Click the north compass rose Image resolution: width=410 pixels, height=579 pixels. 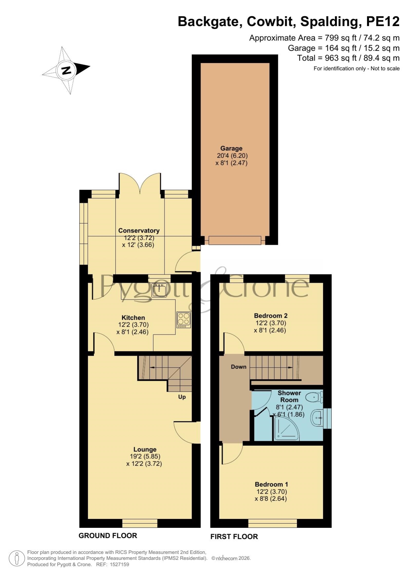coord(66,70)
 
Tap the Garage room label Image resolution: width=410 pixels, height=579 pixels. coord(231,148)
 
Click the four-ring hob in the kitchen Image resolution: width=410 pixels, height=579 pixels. coord(184,320)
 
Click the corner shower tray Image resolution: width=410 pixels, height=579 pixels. coord(286,428)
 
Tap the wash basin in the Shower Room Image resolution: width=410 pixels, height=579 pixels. coord(317,418)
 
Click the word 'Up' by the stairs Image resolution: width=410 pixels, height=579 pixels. coord(182,397)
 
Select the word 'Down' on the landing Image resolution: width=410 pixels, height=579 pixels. coord(239,367)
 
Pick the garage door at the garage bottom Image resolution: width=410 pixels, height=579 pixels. coord(235,240)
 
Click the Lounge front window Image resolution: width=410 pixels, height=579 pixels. coord(140,523)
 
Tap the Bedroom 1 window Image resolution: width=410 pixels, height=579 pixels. coord(273,523)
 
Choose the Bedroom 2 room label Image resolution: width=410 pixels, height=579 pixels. coord(271,316)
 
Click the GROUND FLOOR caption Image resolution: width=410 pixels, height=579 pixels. coord(108,535)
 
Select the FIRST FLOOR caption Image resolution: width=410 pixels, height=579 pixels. coord(234,537)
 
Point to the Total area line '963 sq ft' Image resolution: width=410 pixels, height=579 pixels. coord(349,58)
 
